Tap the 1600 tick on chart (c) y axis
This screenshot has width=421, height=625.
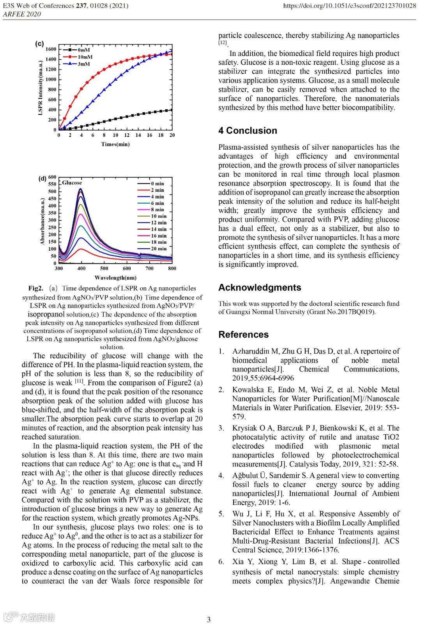click(51, 49)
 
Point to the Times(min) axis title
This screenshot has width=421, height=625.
click(115, 144)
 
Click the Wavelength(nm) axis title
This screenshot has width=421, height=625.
click(115, 278)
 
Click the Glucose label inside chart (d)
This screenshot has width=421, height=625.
click(72, 183)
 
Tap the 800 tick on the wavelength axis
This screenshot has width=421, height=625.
click(172, 268)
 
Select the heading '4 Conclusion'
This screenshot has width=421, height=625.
click(248, 131)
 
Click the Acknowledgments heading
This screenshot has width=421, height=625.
click(260, 288)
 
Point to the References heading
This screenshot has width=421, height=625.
click(243, 335)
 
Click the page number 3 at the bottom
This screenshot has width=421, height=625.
click(209, 620)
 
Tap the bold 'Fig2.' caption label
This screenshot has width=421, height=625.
click(35, 289)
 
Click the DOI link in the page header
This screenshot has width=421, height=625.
click(349, 6)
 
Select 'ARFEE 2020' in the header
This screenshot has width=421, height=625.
click(22, 14)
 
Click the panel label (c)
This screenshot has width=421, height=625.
click(39, 44)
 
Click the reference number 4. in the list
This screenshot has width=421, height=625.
click(221, 476)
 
